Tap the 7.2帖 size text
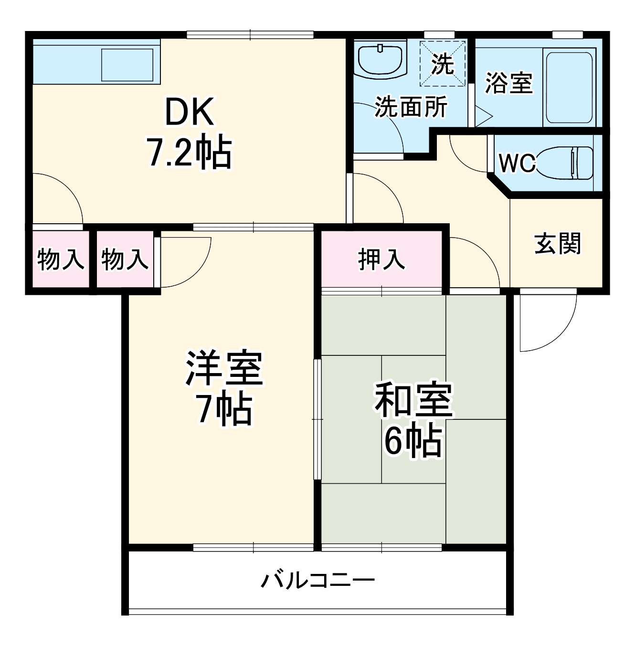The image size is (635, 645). pos(189,153)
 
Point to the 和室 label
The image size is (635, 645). pos(413,399)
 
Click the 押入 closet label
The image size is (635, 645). pos(381,260)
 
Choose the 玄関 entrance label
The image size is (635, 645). pos(557,244)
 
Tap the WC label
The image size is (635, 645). pos(517,163)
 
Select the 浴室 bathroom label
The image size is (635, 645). pos(508,83)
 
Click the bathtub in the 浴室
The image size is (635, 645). pos(569,87)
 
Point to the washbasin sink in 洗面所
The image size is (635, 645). pos(381,59)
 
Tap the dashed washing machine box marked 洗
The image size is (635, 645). pos(443,64)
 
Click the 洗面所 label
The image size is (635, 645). pos(411,106)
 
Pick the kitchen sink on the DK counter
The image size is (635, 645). pos(127,64)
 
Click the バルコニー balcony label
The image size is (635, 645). pos(317,580)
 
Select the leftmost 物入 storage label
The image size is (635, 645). pos(61,260)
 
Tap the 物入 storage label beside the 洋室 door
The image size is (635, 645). pos(125,260)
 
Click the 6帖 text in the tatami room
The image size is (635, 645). pos(413,441)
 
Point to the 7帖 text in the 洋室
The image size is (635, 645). pos(224,409)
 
